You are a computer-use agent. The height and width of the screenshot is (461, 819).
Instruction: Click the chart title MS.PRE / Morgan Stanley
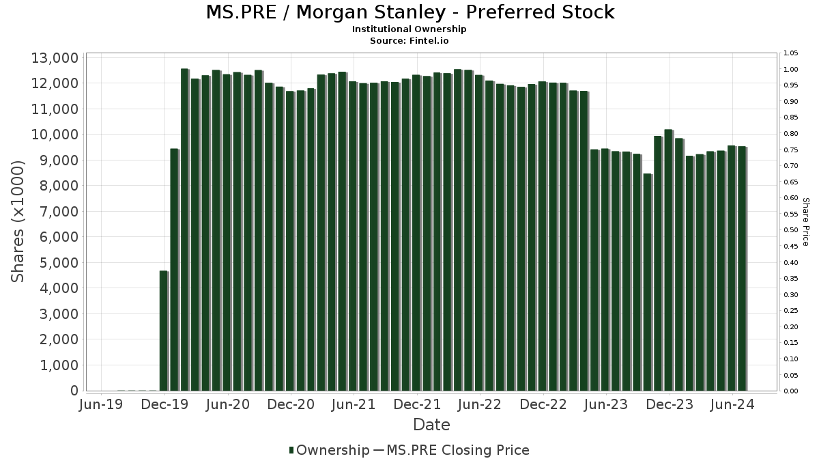click(409, 12)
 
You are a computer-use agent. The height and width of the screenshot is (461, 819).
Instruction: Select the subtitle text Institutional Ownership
click(409, 29)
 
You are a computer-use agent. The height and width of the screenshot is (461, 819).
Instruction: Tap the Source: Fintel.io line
click(409, 40)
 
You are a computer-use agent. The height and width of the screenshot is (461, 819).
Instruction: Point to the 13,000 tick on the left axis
click(55, 58)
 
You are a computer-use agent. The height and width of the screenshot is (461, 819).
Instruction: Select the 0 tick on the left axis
click(74, 391)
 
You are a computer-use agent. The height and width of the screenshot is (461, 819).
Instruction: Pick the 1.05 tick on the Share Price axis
click(791, 53)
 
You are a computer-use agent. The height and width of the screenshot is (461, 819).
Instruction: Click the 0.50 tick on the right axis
click(791, 230)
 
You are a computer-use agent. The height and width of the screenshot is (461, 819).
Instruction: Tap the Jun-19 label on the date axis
click(102, 405)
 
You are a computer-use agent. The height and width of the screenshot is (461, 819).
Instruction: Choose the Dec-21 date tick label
click(417, 405)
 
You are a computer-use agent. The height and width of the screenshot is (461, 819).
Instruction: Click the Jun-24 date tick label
click(732, 405)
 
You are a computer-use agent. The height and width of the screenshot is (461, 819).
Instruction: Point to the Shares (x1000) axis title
click(18, 221)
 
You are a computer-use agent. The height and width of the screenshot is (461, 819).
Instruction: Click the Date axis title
click(431, 425)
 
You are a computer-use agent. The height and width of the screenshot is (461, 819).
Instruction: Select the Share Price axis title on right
click(805, 221)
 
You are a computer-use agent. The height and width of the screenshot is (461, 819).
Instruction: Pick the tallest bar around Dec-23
click(668, 260)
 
